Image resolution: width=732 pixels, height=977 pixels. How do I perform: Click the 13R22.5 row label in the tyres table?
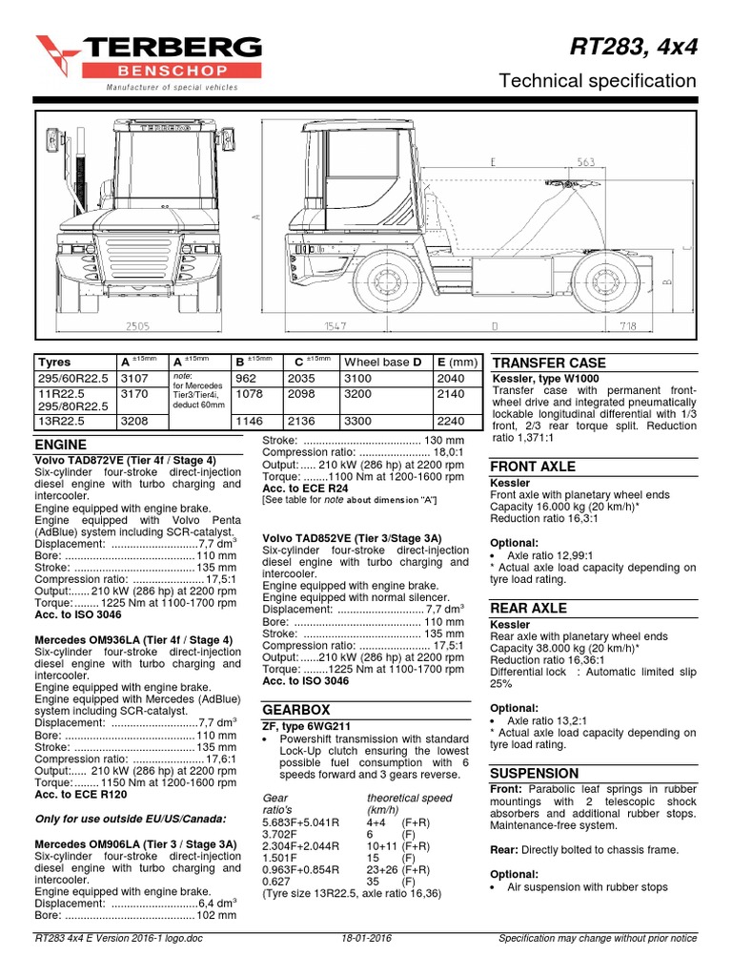coord(60,420)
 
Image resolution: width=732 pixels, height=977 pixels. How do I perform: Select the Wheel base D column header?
coord(382,363)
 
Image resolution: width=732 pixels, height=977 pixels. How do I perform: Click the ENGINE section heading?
coord(61,445)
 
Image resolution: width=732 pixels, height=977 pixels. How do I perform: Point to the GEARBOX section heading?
coord(295,710)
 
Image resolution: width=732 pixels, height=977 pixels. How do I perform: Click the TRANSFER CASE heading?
coord(547,364)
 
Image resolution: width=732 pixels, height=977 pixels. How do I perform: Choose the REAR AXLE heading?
coord(528,608)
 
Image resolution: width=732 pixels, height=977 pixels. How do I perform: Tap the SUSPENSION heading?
coord(534,773)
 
